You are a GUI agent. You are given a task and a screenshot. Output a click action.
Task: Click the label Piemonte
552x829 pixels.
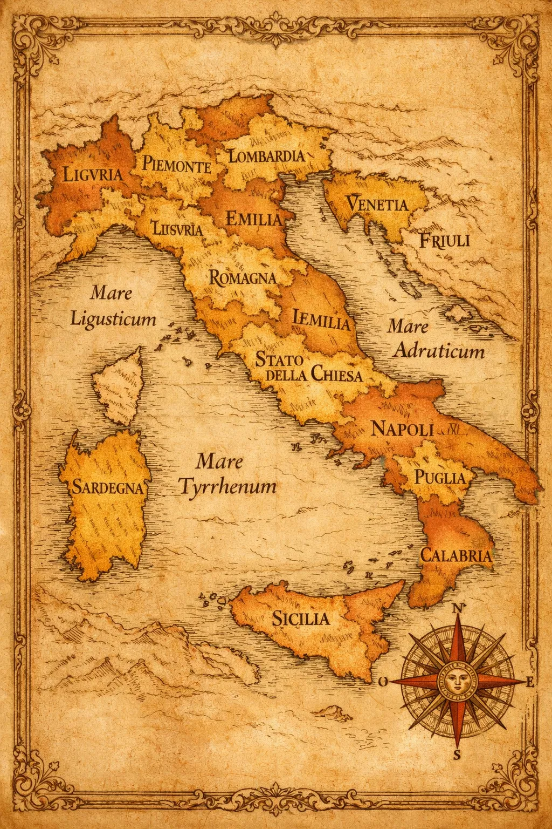coord(177,165)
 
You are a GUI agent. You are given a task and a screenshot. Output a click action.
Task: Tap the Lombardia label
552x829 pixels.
coord(266,157)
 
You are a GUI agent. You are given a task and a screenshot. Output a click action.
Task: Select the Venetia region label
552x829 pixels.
coord(377,205)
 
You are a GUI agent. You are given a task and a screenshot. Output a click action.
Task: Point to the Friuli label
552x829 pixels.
coord(445,240)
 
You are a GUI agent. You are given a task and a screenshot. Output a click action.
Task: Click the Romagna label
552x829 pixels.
coord(243,278)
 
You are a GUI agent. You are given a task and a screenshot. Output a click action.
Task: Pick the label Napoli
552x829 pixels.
coord(403,430)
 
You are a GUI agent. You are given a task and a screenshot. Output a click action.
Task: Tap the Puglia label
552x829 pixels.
coord(439,478)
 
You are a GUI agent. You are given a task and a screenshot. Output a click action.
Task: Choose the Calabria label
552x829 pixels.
coord(456,555)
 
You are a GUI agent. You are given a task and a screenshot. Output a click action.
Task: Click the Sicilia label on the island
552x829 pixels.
coord(300,618)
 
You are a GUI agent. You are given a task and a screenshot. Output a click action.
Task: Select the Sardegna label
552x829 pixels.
coord(108,488)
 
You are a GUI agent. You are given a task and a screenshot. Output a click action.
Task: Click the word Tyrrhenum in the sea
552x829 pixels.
coord(227,487)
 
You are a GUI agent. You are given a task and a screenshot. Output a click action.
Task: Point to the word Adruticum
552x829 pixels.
coord(438,352)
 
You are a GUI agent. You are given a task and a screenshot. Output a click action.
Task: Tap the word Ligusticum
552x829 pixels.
coord(113,319)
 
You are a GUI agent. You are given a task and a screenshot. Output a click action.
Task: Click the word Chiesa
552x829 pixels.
coord(336,375)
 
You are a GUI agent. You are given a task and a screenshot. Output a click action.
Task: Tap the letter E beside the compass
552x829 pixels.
coord(530,682)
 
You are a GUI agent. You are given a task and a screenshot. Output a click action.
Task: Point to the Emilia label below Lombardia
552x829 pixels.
coord(253,219)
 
